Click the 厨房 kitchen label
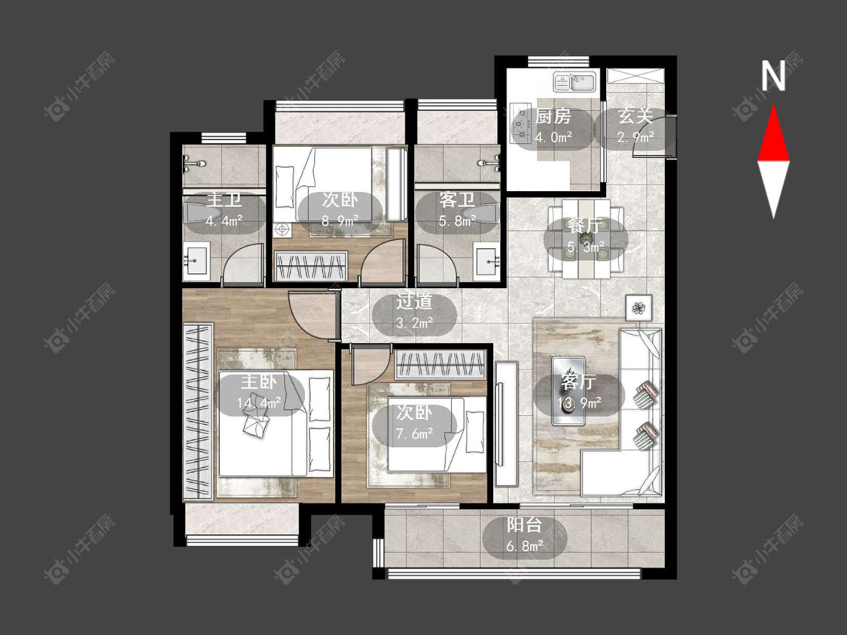click(553, 116)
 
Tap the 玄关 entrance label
click(635, 116)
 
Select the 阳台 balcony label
click(524, 524)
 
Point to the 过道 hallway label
click(414, 301)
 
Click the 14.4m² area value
click(259, 403)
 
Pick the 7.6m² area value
click(414, 433)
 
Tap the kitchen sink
click(574, 83)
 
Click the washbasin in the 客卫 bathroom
click(487, 261)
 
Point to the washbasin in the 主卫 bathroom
click(196, 262)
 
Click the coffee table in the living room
click(568, 390)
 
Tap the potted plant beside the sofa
click(639, 308)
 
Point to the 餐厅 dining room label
click(586, 225)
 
